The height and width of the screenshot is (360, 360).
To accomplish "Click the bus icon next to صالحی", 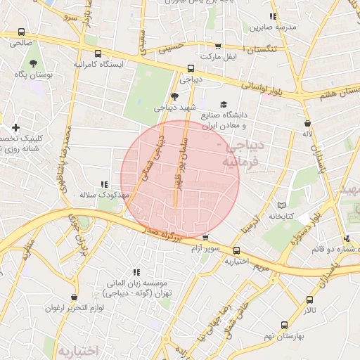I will (x=21, y=32).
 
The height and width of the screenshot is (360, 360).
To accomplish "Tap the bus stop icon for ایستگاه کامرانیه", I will (x=97, y=53).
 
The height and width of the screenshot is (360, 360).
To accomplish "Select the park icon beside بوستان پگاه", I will (x=15, y=74).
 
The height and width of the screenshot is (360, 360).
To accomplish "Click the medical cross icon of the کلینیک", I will (x=15, y=127).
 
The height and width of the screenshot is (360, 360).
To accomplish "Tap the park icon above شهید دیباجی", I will (x=174, y=96).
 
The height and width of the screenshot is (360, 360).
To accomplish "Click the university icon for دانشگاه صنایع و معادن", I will (x=224, y=103).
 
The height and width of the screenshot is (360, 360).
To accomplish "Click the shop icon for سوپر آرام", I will (x=205, y=239).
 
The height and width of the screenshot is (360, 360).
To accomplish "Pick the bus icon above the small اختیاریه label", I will (x=236, y=250).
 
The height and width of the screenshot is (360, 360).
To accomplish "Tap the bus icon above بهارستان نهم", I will (x=284, y=325).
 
